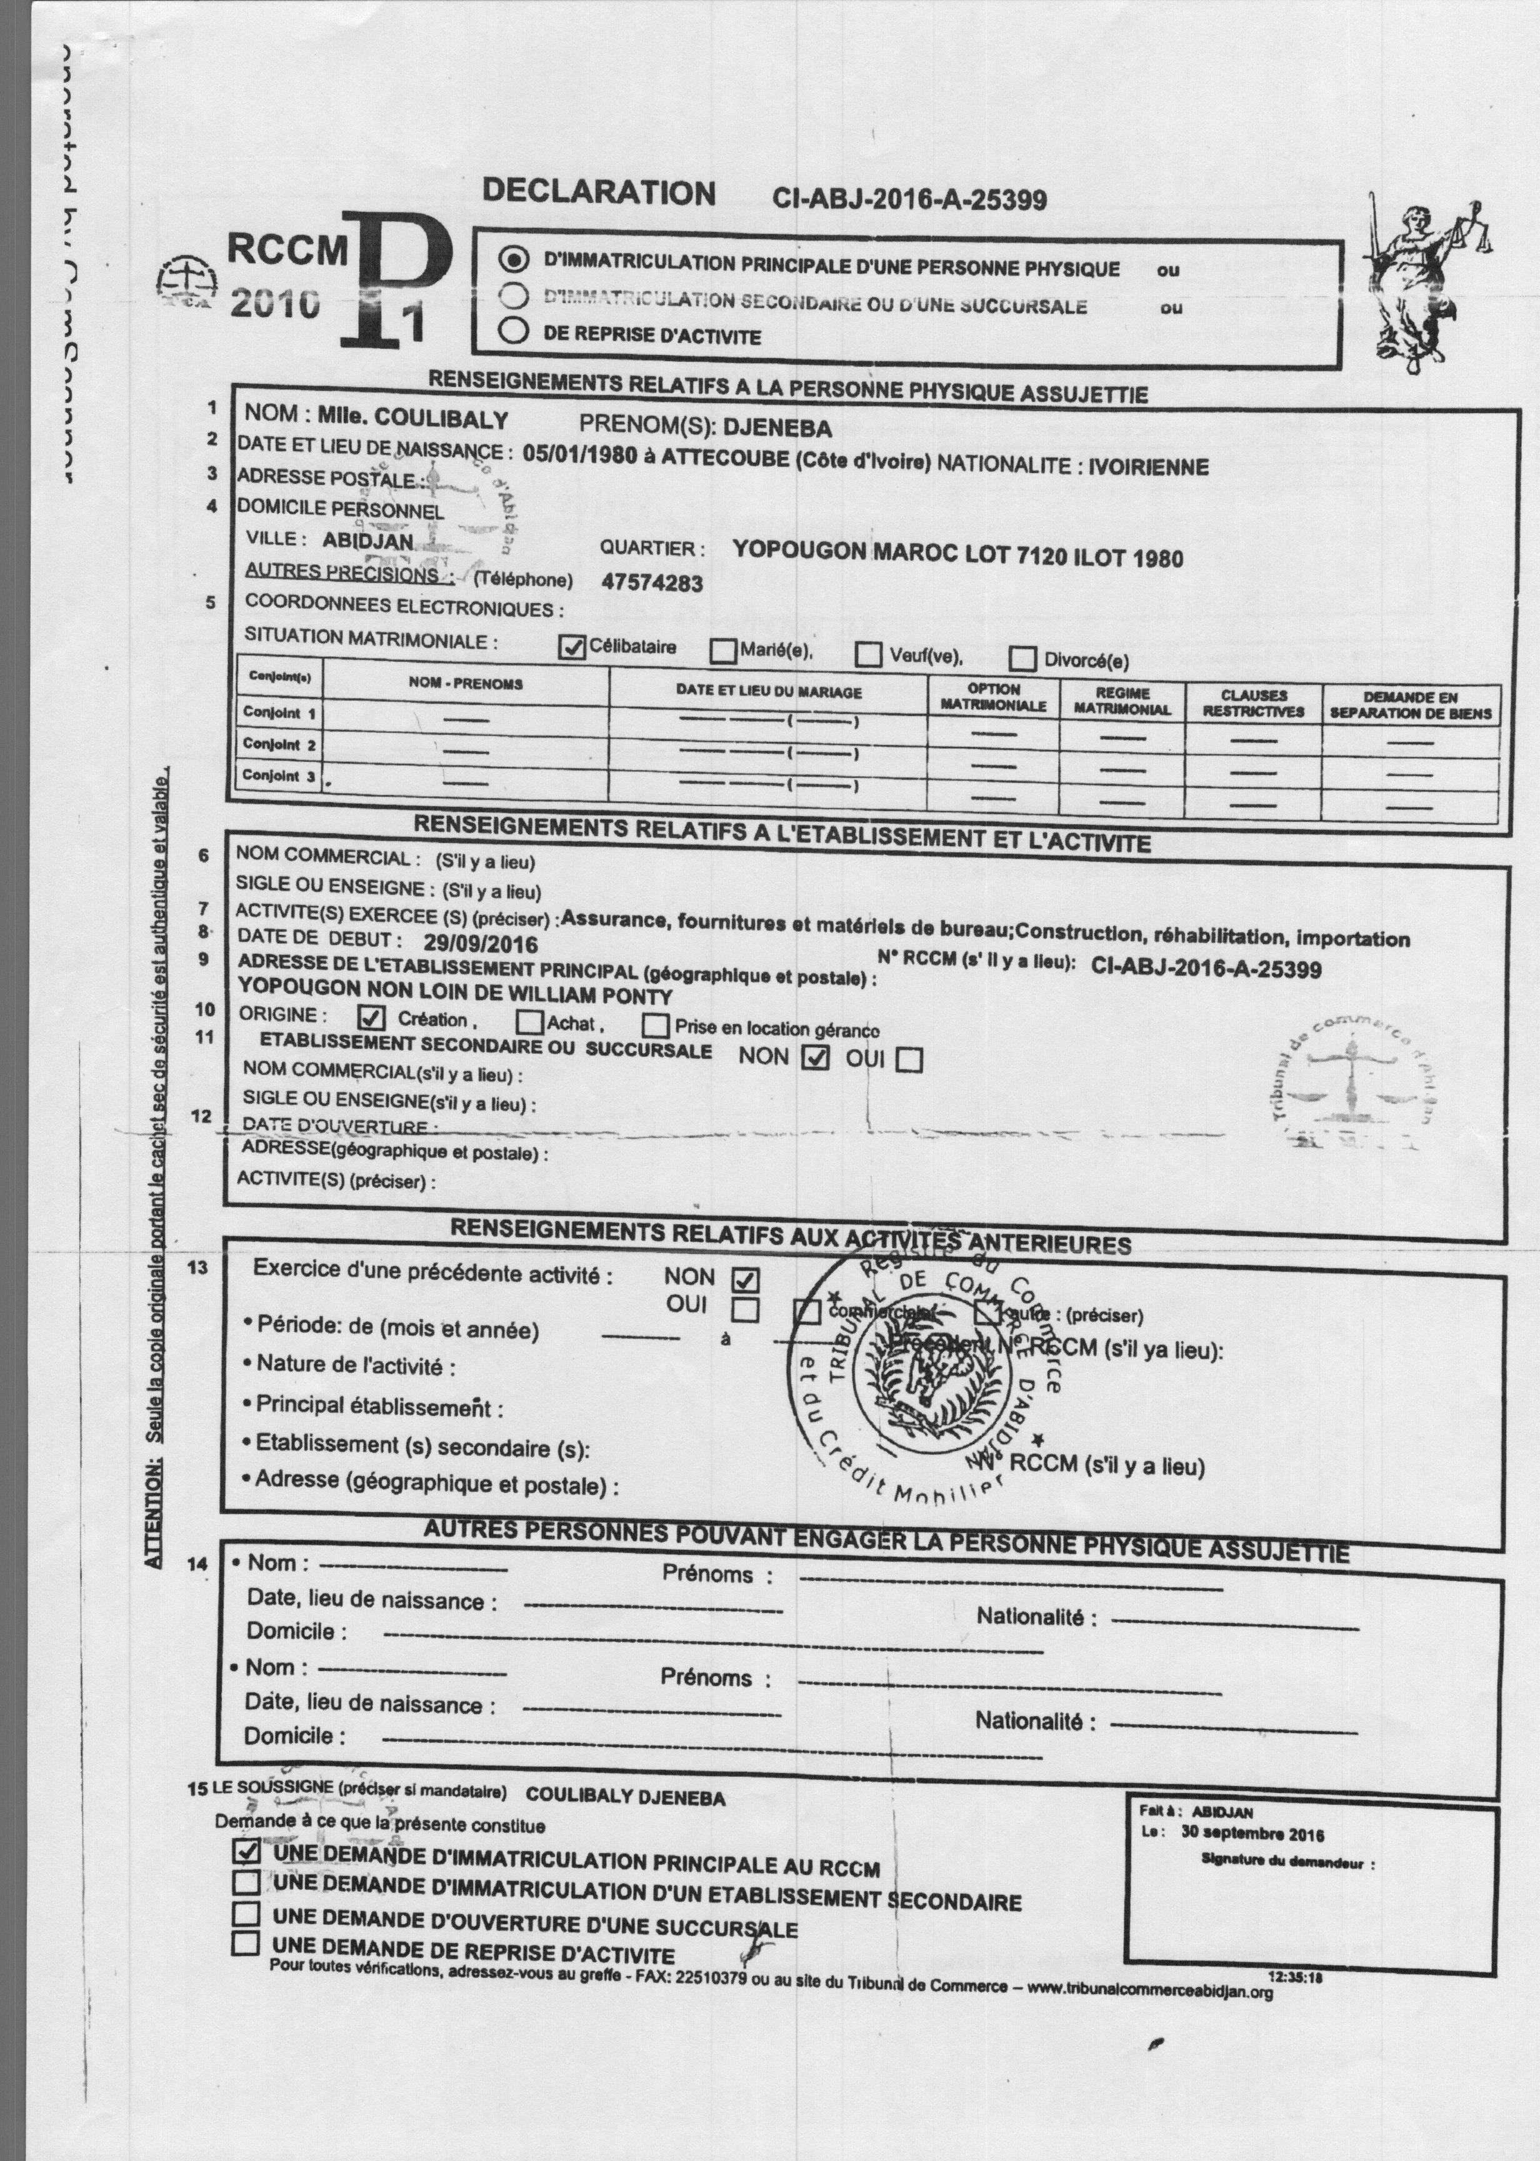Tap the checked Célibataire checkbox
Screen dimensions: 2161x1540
pyautogui.click(x=572, y=647)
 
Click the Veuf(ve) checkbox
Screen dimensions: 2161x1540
pyautogui.click(x=867, y=654)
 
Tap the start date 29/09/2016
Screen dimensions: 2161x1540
pyautogui.click(x=481, y=944)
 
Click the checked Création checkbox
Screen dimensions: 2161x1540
pyautogui.click(x=372, y=1019)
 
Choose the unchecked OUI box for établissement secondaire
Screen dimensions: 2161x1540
pyautogui.click(x=909, y=1059)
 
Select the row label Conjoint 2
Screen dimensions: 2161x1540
pyautogui.click(x=279, y=744)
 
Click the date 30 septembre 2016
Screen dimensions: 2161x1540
pyautogui.click(x=1252, y=1834)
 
